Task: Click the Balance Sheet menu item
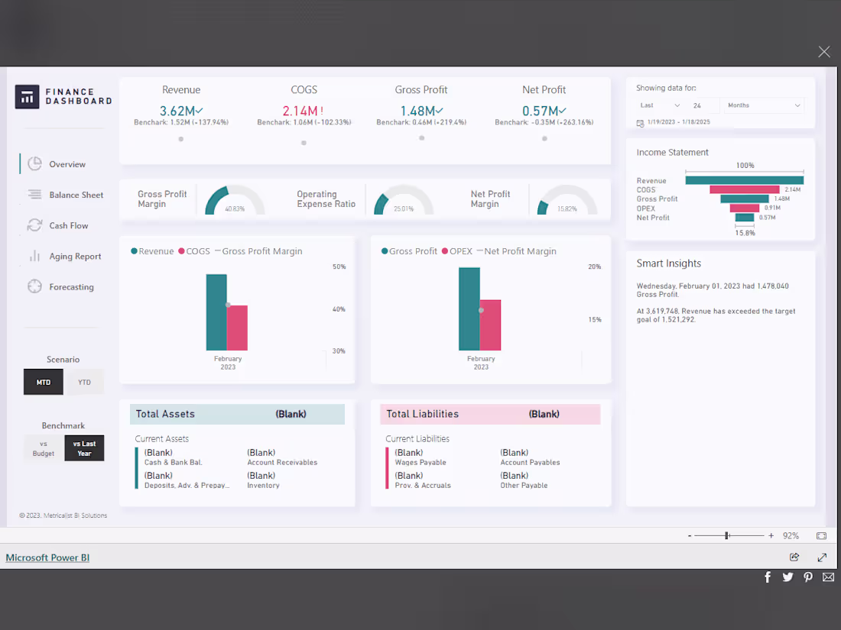click(x=76, y=195)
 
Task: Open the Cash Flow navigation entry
click(x=69, y=226)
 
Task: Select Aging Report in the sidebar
click(x=75, y=257)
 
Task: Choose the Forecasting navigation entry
click(x=71, y=287)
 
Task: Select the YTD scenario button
click(x=84, y=382)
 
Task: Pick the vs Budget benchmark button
click(x=44, y=449)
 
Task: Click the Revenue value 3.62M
click(x=178, y=111)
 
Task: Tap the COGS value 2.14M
click(x=300, y=111)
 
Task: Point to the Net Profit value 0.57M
click(x=541, y=111)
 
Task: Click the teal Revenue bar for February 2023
click(x=216, y=312)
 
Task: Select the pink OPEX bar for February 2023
click(x=490, y=325)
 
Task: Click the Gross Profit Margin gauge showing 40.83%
click(x=235, y=201)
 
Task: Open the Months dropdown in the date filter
click(x=764, y=105)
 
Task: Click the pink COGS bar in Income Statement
click(x=744, y=189)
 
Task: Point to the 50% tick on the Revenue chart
click(x=339, y=267)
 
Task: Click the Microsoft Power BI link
click(x=47, y=557)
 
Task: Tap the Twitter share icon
click(x=787, y=577)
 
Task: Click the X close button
click(x=823, y=52)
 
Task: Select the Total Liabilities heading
click(x=422, y=414)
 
